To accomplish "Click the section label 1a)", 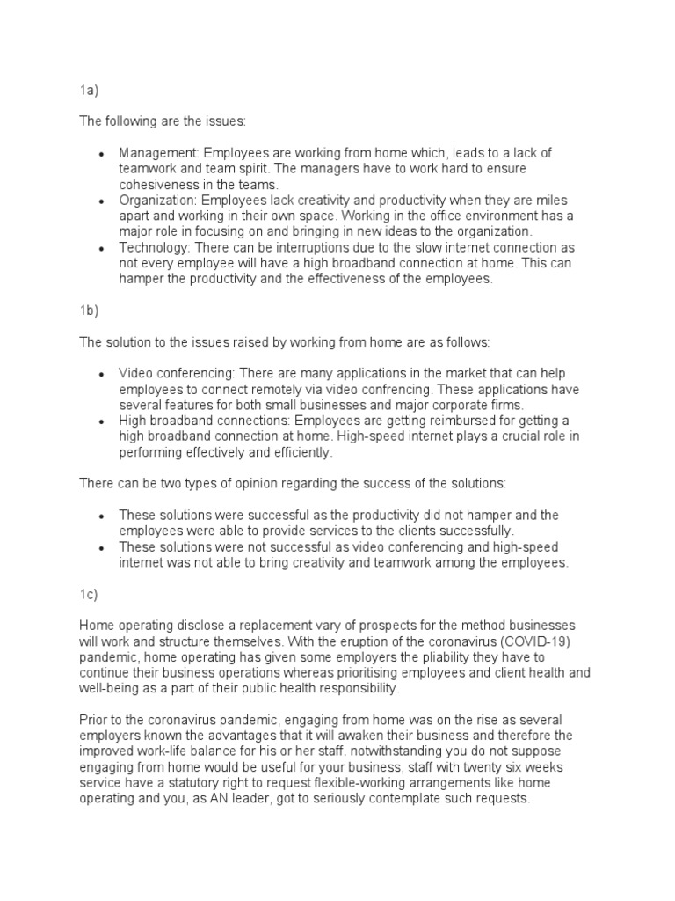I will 87,90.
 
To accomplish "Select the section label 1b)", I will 87,311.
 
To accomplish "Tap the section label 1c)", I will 87,595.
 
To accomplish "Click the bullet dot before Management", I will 102,154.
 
